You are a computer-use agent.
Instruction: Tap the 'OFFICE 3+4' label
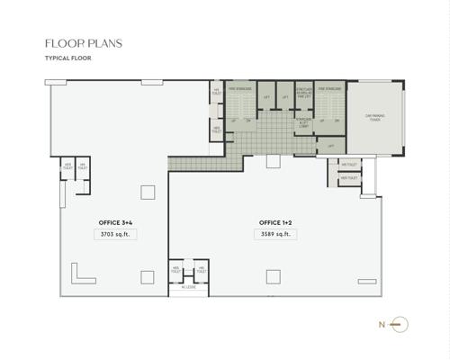point(116,221)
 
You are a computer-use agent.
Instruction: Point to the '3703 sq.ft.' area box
point(116,234)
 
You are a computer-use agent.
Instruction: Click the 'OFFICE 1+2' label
point(275,221)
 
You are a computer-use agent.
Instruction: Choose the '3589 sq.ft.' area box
point(275,234)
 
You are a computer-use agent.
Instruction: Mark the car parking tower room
point(374,117)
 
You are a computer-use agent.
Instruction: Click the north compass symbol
point(402,324)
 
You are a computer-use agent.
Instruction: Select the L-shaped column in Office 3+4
point(80,272)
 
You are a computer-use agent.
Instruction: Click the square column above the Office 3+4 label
point(146,191)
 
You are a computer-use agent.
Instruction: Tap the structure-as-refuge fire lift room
point(304,94)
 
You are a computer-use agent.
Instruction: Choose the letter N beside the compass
point(382,324)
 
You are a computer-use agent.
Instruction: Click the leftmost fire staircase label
point(238,89)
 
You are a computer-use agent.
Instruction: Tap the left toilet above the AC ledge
point(177,269)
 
